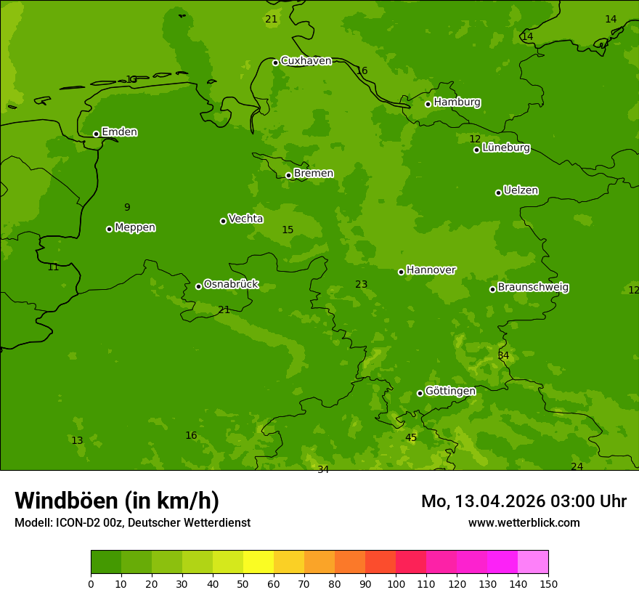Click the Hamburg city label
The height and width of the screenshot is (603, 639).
[x=457, y=102]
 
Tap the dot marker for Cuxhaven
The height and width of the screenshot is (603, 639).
[x=275, y=62]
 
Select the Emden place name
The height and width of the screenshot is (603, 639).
[x=119, y=132]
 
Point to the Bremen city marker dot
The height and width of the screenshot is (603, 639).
[x=288, y=175]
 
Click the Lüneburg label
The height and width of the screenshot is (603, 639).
[x=505, y=148]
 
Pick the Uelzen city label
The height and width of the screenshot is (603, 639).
[x=521, y=191]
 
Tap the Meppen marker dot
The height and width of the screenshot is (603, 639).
[x=109, y=229]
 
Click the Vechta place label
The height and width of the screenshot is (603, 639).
[x=245, y=219]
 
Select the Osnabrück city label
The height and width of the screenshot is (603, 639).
[x=231, y=285]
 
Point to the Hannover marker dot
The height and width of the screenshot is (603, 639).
[x=401, y=272]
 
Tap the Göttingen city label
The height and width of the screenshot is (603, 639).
[x=450, y=392]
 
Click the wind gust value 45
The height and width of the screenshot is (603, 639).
[x=411, y=437]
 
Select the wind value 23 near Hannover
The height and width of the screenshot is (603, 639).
[x=361, y=285]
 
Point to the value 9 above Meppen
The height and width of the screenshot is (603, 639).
[x=127, y=208]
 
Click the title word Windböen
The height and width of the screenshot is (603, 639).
[x=66, y=501]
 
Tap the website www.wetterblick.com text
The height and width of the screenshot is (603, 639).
[x=524, y=523]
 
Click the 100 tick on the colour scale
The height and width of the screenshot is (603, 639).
[x=396, y=583]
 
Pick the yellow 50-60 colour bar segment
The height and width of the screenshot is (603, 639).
[x=259, y=562]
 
